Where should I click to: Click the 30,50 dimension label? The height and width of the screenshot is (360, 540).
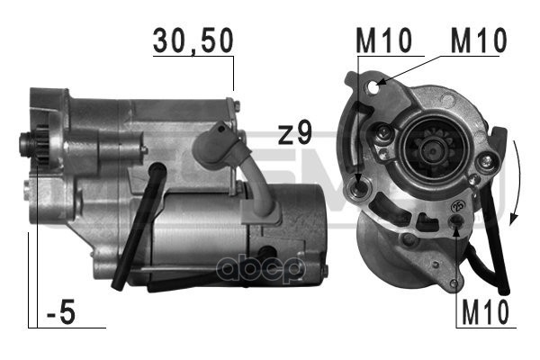(x=193, y=41)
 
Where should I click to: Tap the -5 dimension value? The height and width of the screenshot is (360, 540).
(x=61, y=313)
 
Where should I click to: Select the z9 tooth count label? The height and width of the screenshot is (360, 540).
(x=295, y=132)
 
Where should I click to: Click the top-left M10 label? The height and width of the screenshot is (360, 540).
(x=383, y=40)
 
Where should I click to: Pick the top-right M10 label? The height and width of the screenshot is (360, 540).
(x=479, y=40)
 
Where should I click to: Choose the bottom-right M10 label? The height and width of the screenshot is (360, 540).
(x=485, y=312)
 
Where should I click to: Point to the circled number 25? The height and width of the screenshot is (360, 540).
(x=458, y=206)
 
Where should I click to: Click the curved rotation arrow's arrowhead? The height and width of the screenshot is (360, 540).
(x=514, y=219)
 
